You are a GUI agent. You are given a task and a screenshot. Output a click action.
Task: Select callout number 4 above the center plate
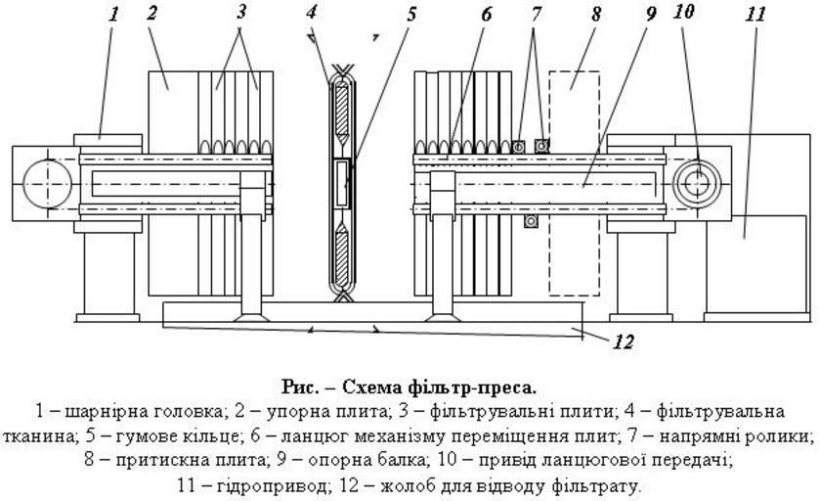(312, 13)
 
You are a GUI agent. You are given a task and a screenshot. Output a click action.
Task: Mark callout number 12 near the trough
(623, 342)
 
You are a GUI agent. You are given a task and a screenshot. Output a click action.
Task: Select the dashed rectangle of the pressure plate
(574, 182)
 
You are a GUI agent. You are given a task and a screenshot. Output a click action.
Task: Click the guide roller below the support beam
(531, 222)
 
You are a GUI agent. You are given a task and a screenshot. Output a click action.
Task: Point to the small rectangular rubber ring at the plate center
(342, 183)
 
